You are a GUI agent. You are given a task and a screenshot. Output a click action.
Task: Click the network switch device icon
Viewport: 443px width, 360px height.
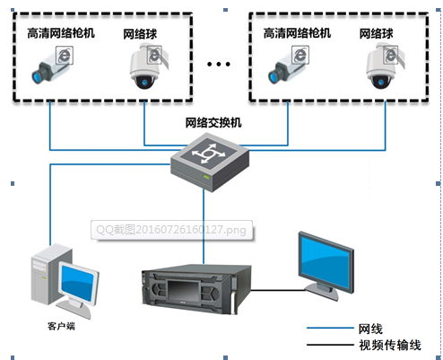tap(210, 162)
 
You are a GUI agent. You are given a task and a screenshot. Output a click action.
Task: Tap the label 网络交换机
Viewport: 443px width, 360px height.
tap(213, 123)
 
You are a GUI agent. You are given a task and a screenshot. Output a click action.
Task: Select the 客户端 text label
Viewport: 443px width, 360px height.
tap(61, 326)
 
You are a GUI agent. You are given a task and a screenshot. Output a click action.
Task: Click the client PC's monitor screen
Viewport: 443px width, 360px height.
tap(77, 284)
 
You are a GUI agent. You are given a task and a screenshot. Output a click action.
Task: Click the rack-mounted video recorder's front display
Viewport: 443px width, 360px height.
tap(183, 290)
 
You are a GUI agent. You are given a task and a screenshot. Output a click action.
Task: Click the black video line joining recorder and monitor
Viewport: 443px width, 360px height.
tap(278, 290)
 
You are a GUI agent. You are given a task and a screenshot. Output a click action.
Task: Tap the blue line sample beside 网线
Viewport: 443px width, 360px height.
tap(330, 329)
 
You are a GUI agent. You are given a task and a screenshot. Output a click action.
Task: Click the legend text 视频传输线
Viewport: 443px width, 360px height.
tap(390, 345)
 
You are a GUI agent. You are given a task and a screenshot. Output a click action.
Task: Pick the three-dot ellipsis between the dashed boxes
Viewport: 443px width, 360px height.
tap(219, 64)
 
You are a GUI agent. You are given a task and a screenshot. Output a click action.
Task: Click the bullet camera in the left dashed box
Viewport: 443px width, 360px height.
tap(52, 65)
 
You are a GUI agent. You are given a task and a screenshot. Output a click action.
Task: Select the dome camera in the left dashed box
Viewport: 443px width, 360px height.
tap(149, 66)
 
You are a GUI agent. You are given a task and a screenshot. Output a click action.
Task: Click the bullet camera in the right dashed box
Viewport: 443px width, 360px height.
tap(289, 65)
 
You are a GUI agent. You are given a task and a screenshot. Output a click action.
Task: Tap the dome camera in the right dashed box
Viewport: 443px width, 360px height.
tap(385, 66)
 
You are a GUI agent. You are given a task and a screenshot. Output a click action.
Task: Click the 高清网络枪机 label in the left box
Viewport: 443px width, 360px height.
tap(61, 33)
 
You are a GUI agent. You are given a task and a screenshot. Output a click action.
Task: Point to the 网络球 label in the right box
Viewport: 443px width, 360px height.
tap(376, 33)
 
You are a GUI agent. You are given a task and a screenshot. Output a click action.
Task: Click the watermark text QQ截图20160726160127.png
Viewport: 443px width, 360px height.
tap(171, 230)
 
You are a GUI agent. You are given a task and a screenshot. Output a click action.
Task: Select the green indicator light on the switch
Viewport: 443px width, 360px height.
tap(206, 177)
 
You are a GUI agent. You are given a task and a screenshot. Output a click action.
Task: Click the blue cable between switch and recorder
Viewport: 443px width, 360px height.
tap(204, 226)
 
